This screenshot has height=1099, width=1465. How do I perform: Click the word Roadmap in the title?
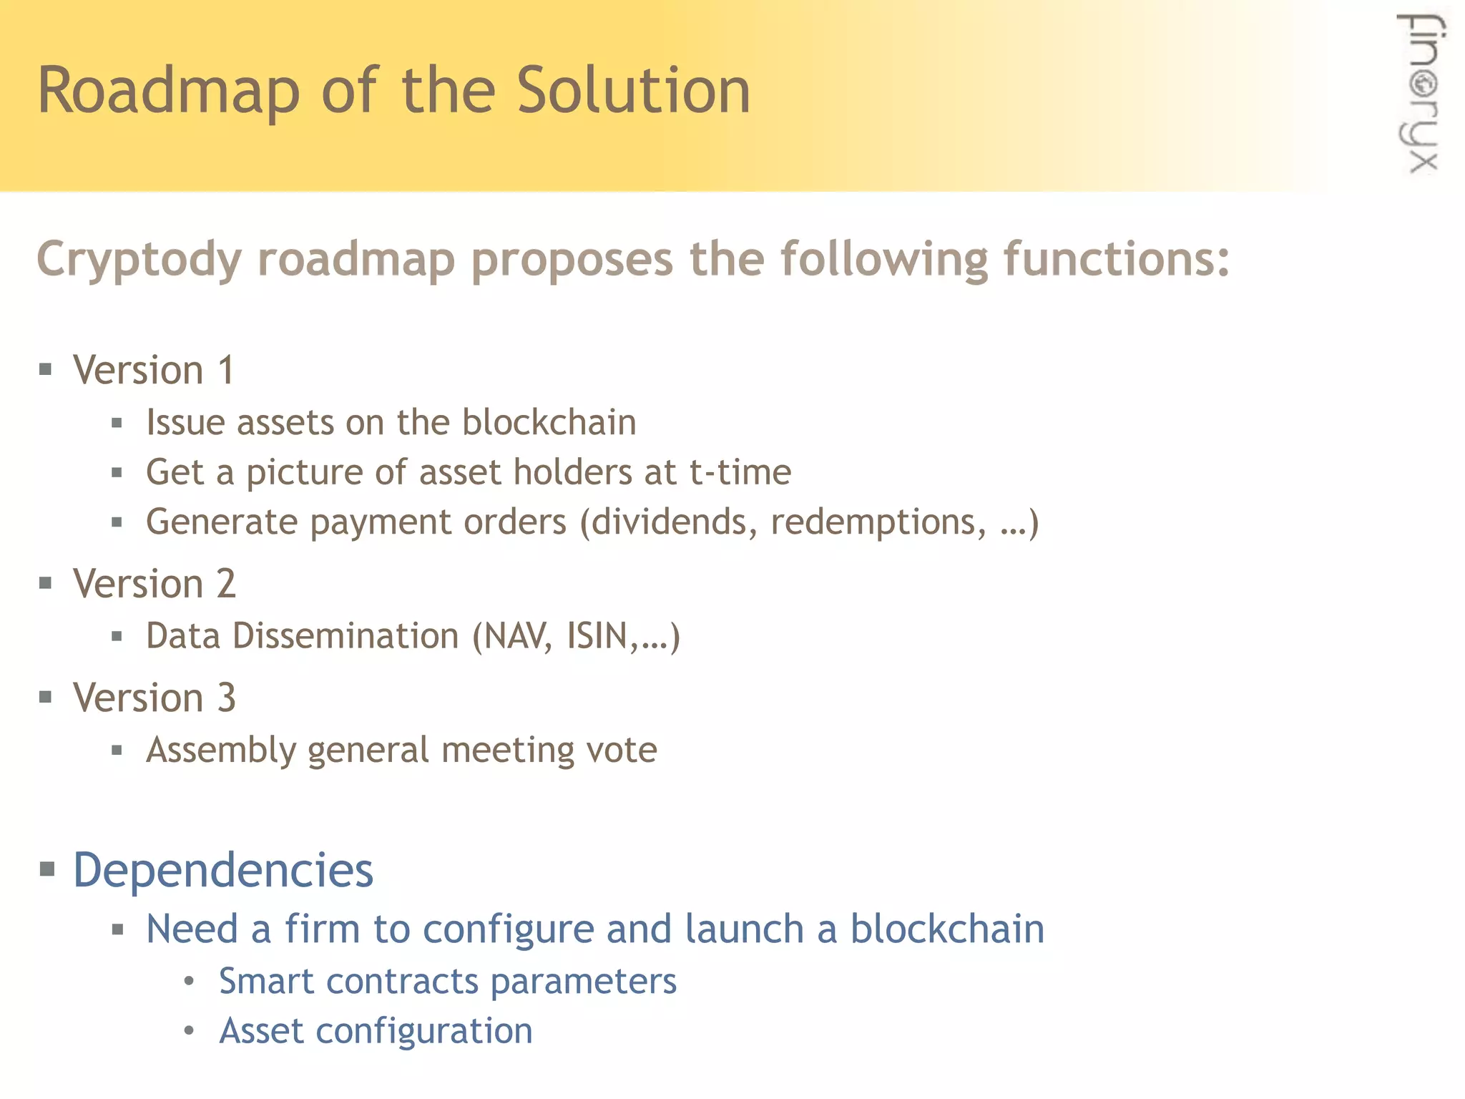click(168, 92)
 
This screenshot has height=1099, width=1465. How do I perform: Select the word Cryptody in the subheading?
click(139, 260)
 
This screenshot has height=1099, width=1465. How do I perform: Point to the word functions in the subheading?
click(1116, 258)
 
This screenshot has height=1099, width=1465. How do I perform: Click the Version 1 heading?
click(154, 371)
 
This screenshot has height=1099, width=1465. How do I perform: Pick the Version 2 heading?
click(154, 584)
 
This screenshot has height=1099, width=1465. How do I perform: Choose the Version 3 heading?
click(154, 698)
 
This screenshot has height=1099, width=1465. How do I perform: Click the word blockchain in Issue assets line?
click(549, 422)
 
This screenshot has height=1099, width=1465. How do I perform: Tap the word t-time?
click(740, 472)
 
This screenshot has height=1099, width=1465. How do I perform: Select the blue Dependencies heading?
click(223, 871)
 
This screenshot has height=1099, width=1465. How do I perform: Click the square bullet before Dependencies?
click(47, 870)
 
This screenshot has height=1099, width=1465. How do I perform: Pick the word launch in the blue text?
click(744, 929)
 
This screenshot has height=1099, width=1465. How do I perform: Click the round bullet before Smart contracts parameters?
click(189, 982)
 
